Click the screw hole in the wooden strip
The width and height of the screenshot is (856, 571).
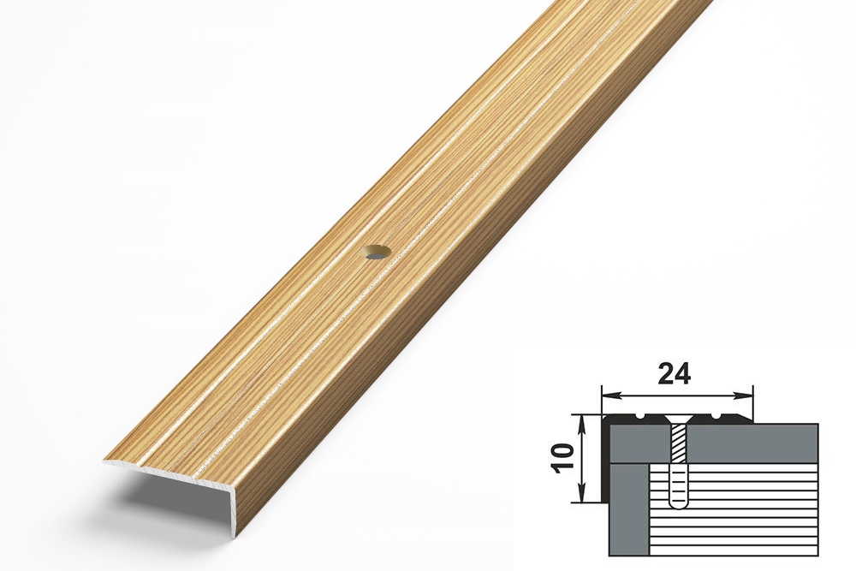click(377, 253)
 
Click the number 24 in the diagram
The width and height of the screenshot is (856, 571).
click(675, 374)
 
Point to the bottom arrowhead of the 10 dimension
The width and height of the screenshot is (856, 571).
click(585, 493)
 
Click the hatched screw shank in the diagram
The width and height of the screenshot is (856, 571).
click(676, 443)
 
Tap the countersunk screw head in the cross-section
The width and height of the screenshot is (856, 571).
click(676, 419)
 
